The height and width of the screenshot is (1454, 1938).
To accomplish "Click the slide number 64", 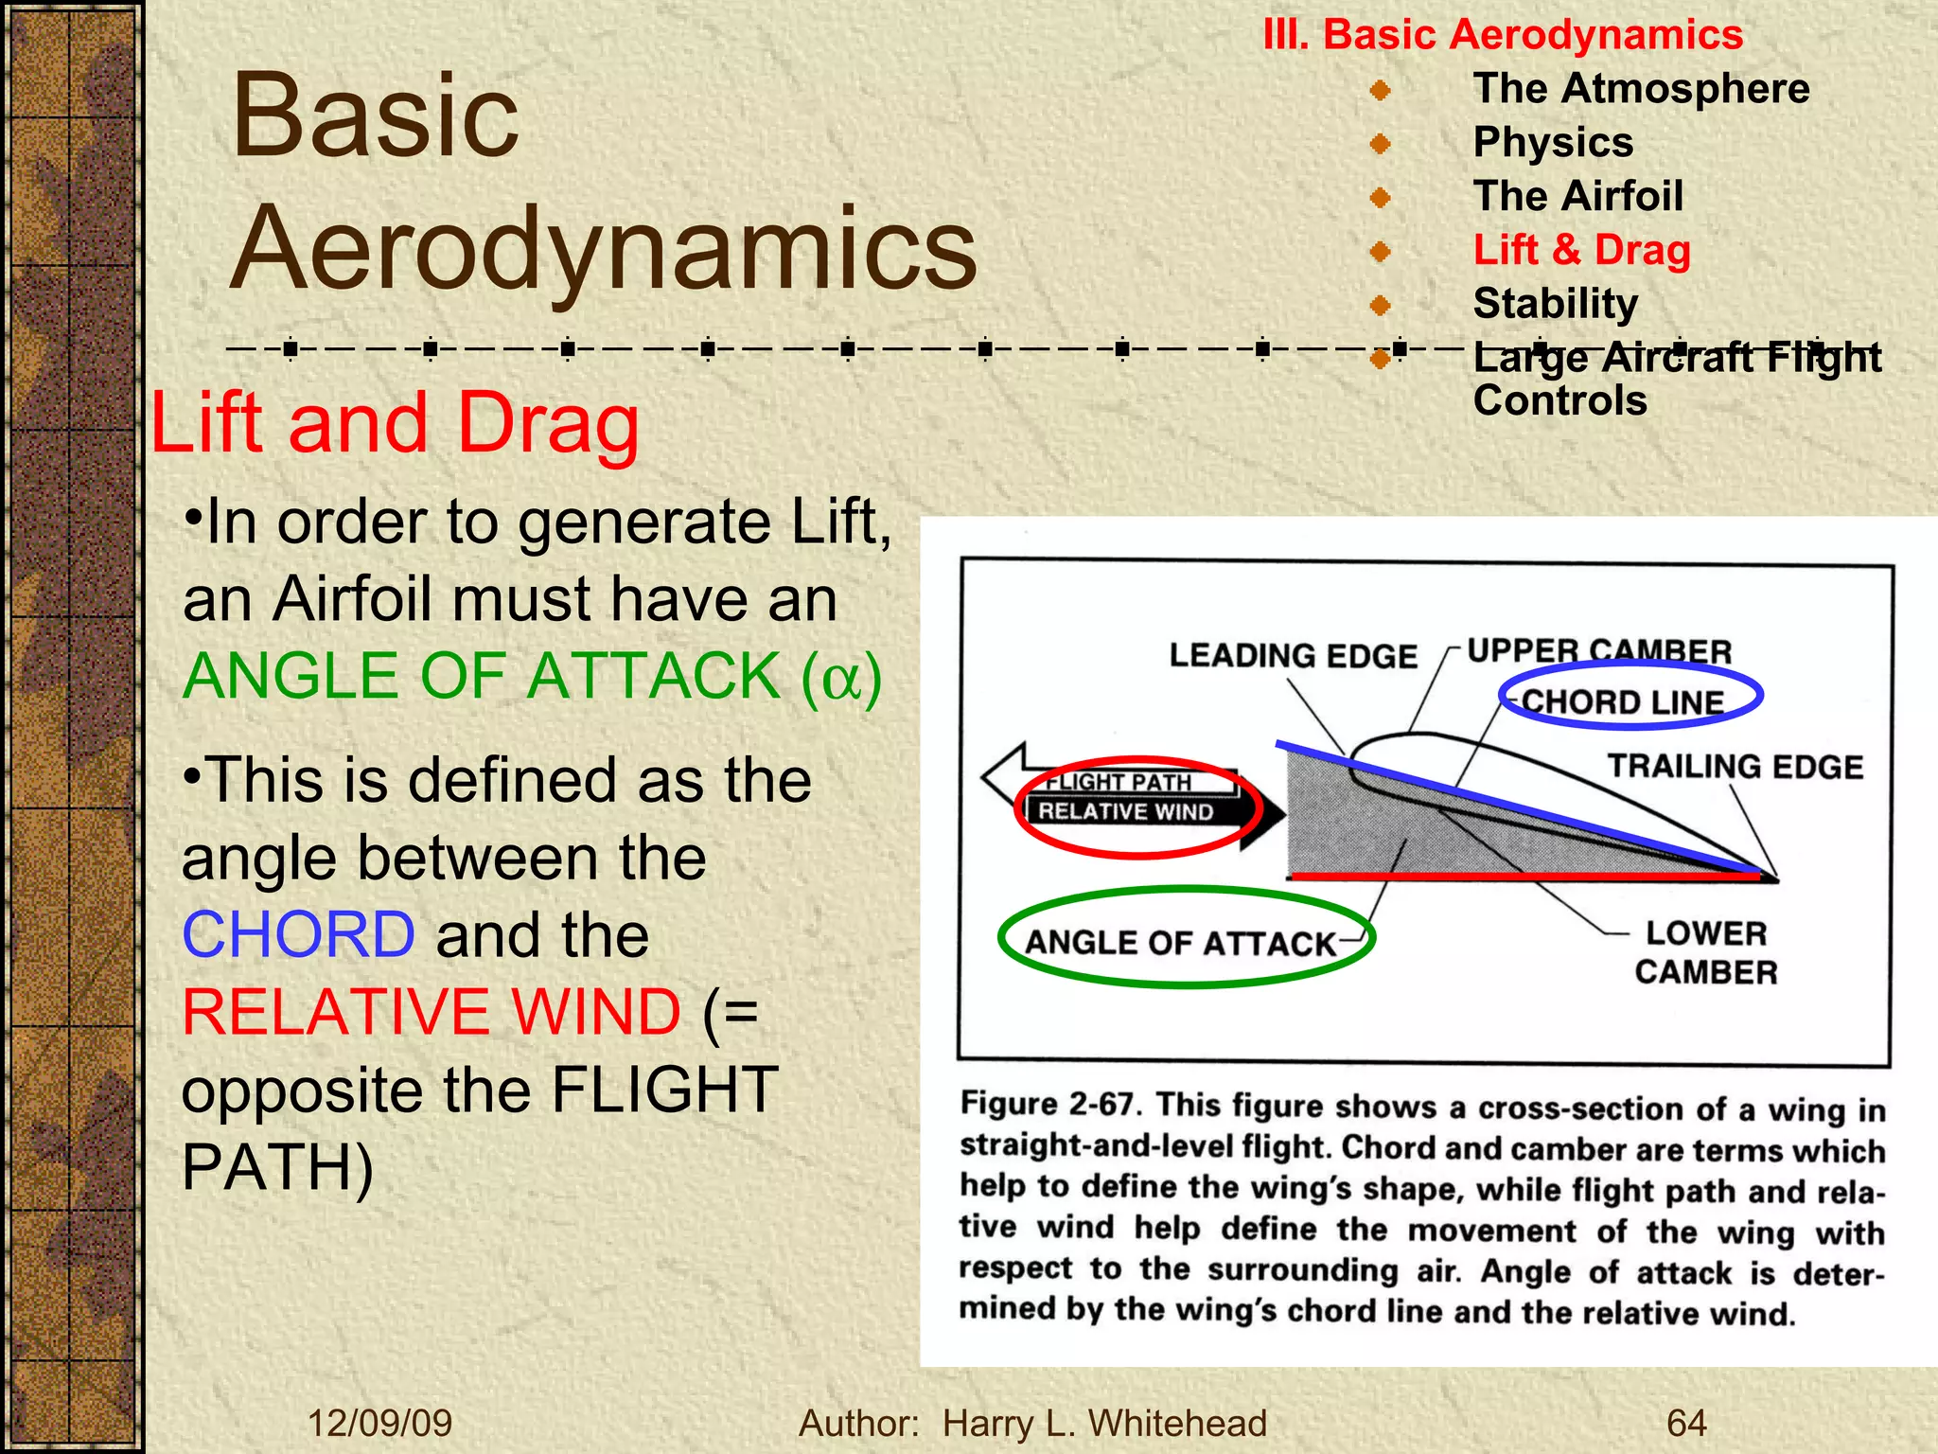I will coord(1686,1423).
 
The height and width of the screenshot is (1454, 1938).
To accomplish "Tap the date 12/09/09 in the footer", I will coord(379,1423).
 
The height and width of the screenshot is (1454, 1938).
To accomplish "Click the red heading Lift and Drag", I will coord(395,423).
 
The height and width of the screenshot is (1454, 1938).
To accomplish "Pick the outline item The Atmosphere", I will coord(1641,88).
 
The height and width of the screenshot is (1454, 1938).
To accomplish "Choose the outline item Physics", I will coord(1553,142).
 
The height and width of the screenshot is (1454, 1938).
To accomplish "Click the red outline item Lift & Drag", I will coord(1581,250).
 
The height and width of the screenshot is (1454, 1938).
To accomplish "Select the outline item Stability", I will coord(1555,304).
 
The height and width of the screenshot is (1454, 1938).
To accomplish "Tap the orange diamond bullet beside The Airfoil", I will coord(1381,198).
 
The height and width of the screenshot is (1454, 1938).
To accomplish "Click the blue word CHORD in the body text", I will coord(298,934).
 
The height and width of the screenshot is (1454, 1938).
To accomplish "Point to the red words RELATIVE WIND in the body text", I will coord(432,1012).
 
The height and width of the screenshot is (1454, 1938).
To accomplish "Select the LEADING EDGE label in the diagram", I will coord(1293,655).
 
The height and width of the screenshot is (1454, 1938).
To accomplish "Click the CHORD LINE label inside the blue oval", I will coord(1622,701).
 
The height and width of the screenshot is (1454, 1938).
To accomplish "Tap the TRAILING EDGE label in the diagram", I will coord(1735,766).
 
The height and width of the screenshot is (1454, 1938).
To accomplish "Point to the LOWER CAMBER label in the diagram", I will coord(1705,952).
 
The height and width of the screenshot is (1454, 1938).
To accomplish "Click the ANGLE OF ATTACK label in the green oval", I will coord(1179,942).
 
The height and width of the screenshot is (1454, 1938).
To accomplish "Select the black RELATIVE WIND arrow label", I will coord(1125,811).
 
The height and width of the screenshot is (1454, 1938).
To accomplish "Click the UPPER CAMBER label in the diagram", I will coord(1598,650).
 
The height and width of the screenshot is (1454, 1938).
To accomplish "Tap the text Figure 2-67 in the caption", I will coord(1048,1105).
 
